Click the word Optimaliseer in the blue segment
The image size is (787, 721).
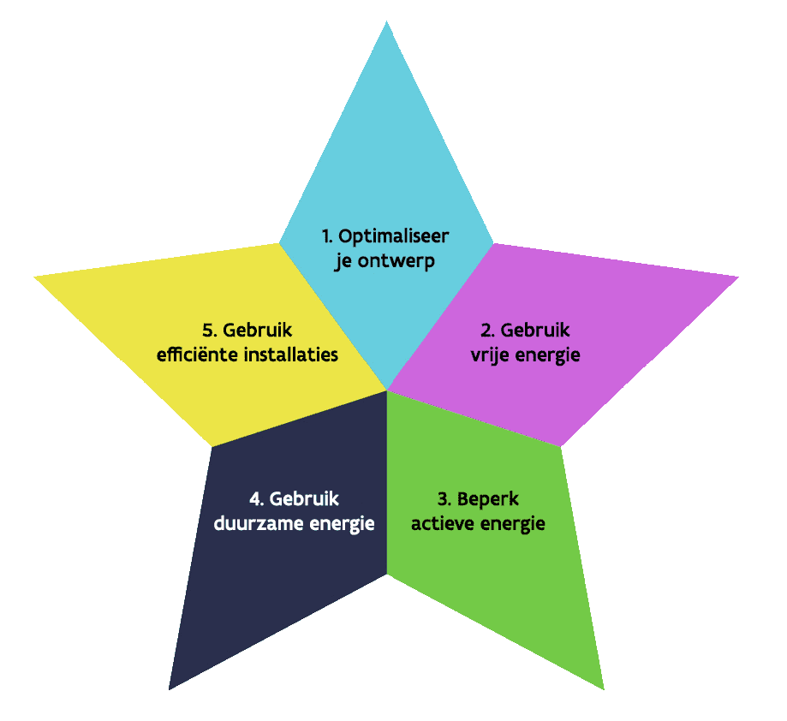395,235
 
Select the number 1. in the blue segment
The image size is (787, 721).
328,235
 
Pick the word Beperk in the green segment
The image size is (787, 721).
488,499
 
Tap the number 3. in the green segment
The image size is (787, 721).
445,499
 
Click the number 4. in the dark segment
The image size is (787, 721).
257,499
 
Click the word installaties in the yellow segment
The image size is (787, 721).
290,354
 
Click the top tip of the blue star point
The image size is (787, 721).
386,23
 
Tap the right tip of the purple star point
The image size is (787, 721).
736,277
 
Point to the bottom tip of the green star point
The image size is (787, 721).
603,688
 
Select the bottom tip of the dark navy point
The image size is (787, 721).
170,688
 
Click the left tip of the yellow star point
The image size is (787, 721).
36,277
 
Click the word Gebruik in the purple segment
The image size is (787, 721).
535,329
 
